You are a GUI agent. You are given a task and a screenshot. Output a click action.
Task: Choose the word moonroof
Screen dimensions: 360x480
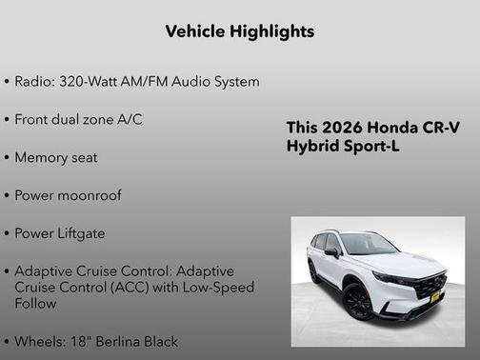(x=91, y=195)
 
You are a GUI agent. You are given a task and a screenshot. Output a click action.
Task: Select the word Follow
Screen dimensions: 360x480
(x=36, y=304)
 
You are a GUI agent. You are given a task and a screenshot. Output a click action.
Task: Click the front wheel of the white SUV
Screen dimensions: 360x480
(x=359, y=301)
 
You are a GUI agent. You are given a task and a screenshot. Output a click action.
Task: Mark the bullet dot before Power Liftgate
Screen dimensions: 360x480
(x=8, y=234)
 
